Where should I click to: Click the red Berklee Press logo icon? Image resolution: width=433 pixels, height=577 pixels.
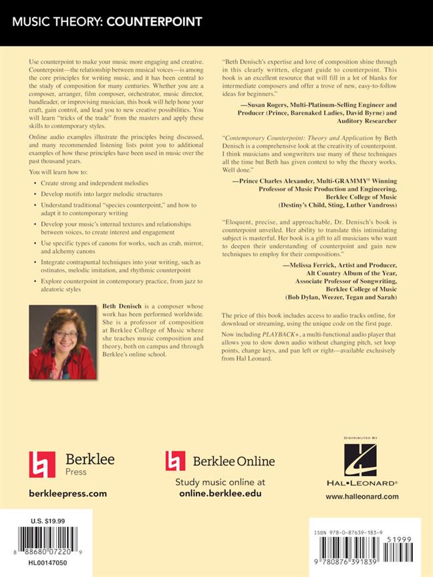pos(42,464)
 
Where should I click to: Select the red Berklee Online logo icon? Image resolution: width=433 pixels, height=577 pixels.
pos(175,461)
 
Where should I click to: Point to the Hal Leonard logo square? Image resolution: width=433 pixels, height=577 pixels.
pos(361,460)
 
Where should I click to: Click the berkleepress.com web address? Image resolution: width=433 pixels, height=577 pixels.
pos(68,494)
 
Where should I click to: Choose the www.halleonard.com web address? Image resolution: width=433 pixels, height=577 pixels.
pos(362,496)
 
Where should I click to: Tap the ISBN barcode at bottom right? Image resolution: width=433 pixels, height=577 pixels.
pos(361,552)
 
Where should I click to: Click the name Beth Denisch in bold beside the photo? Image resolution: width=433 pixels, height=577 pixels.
pos(123,305)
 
